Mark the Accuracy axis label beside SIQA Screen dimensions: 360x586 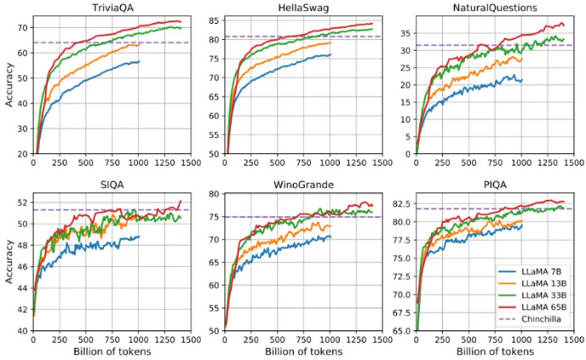(x=8, y=265)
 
